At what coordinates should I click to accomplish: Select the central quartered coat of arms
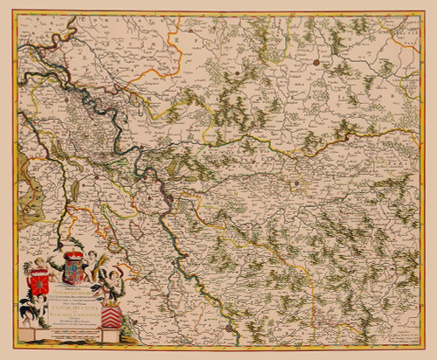[x=73, y=272]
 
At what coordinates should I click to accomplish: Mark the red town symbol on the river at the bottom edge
[x=226, y=328]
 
